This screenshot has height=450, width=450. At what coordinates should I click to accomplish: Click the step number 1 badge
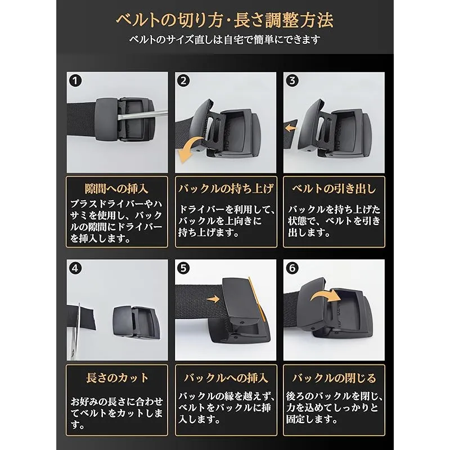pos(75,80)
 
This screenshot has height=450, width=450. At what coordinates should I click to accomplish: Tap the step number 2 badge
pos(183,80)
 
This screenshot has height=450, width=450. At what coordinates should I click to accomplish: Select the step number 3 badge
pos(292,80)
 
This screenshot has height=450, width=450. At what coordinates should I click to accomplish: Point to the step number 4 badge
pos(75,268)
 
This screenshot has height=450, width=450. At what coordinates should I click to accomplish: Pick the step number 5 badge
pos(183,268)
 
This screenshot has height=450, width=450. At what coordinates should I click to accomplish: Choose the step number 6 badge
pos(292,268)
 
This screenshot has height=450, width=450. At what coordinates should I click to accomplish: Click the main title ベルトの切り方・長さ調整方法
pos(224,20)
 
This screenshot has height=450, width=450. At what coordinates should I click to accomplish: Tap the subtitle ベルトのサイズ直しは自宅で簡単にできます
pos(224,39)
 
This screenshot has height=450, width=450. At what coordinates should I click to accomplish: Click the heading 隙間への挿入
pos(116,188)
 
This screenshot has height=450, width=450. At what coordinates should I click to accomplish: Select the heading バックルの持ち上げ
pos(226,188)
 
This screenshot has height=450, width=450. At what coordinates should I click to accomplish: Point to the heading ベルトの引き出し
pos(334,188)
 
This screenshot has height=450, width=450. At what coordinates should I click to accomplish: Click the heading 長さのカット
pos(117,377)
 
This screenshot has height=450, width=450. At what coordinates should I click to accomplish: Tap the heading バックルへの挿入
pos(226,377)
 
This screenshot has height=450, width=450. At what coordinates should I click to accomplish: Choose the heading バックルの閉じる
pos(334,377)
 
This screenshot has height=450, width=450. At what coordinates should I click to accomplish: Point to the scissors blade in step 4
pos(75,330)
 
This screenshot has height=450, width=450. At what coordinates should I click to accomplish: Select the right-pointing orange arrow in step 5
pos(213,299)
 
